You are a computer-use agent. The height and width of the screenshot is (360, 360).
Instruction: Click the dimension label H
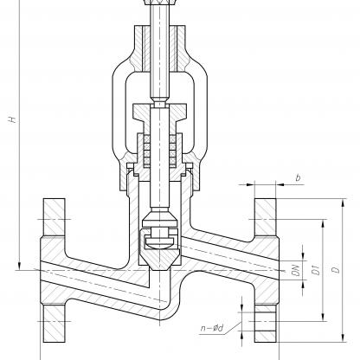[x=12, y=119]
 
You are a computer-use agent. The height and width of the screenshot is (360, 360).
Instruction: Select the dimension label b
[x=298, y=177]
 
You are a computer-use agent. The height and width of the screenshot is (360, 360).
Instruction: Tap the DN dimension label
[x=296, y=270]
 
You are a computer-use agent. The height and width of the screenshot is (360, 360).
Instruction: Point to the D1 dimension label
[x=317, y=270]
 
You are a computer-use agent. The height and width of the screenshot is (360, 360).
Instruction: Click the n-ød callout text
[x=212, y=328]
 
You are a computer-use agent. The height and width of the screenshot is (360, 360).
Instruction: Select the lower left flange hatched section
[x=54, y=324]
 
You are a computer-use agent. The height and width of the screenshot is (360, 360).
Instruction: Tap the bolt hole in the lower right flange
[x=266, y=321]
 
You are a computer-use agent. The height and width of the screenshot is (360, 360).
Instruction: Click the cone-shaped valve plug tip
[x=159, y=259]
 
